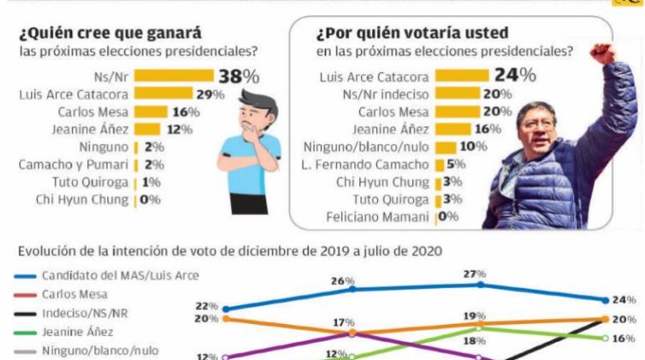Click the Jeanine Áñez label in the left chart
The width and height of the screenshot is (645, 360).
[x=90, y=129]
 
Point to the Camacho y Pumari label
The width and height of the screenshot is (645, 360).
[x=75, y=164]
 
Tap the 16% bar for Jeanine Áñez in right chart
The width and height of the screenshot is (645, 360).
[x=452, y=129]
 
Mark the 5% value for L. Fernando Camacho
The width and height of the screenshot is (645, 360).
[x=455, y=164]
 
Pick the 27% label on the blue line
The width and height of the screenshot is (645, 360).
[x=480, y=273]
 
